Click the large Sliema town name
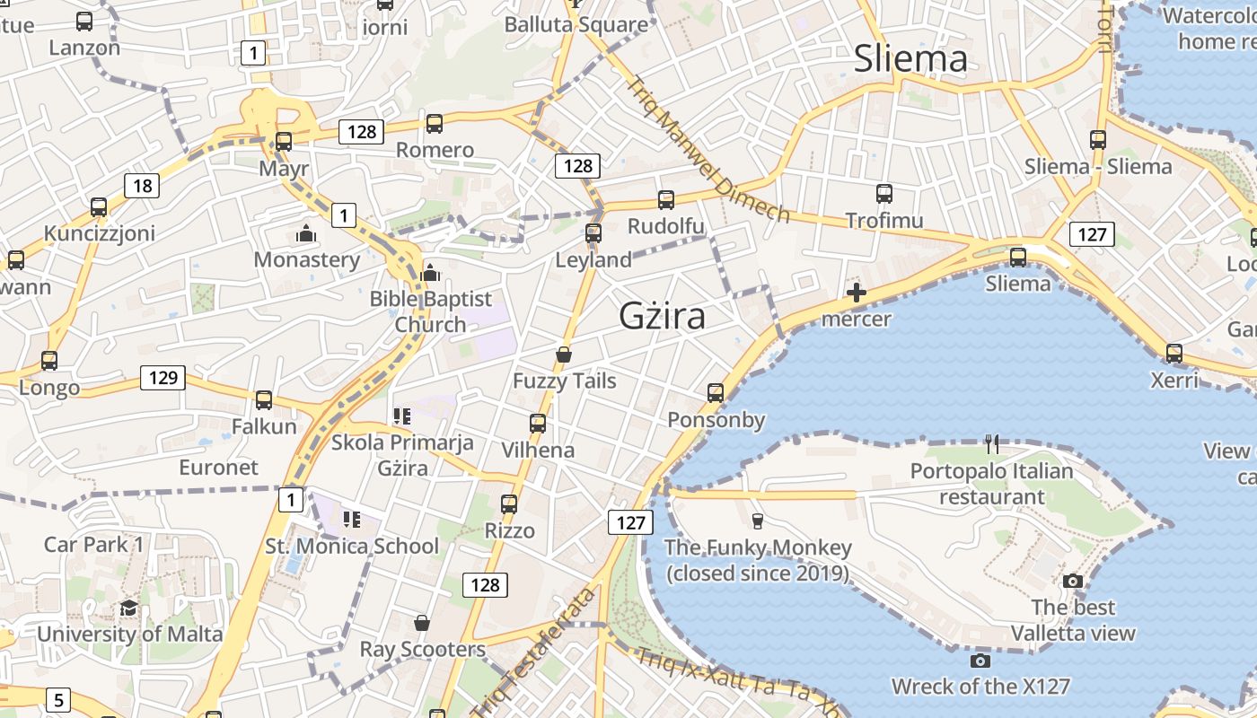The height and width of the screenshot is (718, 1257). [x=910, y=59]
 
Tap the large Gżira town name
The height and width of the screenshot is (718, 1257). [x=662, y=316]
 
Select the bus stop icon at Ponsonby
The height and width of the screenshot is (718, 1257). [x=716, y=393]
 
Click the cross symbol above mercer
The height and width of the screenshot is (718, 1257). [x=857, y=292]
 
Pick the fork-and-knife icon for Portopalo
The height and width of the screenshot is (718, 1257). [x=991, y=443]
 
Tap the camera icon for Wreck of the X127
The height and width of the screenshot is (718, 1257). [x=980, y=661]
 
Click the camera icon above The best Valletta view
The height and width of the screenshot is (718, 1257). [x=1073, y=581]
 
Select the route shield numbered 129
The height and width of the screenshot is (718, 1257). [x=163, y=378]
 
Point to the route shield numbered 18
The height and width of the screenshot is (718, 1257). [x=142, y=187]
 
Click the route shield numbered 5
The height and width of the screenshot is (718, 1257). [x=58, y=699]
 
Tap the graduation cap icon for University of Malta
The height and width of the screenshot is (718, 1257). [x=129, y=608]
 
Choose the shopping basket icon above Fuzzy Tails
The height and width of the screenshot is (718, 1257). [x=564, y=355]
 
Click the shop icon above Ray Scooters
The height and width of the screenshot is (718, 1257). [x=422, y=623]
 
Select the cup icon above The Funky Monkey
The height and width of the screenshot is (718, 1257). [x=758, y=521]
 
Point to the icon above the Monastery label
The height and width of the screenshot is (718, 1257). [x=306, y=234]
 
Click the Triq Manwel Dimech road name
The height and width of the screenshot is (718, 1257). [x=708, y=149]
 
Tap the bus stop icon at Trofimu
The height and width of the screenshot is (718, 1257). [x=884, y=193]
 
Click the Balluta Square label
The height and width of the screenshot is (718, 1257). [x=576, y=24]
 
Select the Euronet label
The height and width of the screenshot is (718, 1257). [x=218, y=468]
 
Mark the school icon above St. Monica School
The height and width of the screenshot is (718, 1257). [x=351, y=520]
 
